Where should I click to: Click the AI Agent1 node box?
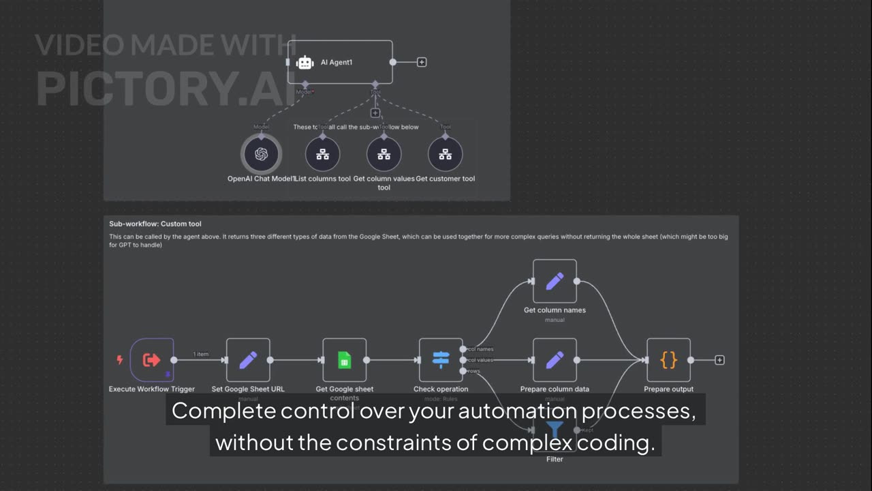340,62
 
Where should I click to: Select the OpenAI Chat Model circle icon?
262,154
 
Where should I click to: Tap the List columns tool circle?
322,154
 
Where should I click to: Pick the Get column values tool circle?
384,154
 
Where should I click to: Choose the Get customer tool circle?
445,154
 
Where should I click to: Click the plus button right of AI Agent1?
422,62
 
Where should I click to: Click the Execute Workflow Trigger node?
152,360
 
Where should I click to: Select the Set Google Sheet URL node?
248,360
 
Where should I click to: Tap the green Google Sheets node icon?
345,360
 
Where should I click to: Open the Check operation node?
441,360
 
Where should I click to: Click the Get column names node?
555,281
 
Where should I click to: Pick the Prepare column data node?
555,360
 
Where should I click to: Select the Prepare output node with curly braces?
668,360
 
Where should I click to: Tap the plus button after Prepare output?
719,360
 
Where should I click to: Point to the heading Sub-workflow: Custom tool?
155,224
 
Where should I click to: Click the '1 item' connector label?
201,354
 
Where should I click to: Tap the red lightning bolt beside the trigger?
120,360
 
